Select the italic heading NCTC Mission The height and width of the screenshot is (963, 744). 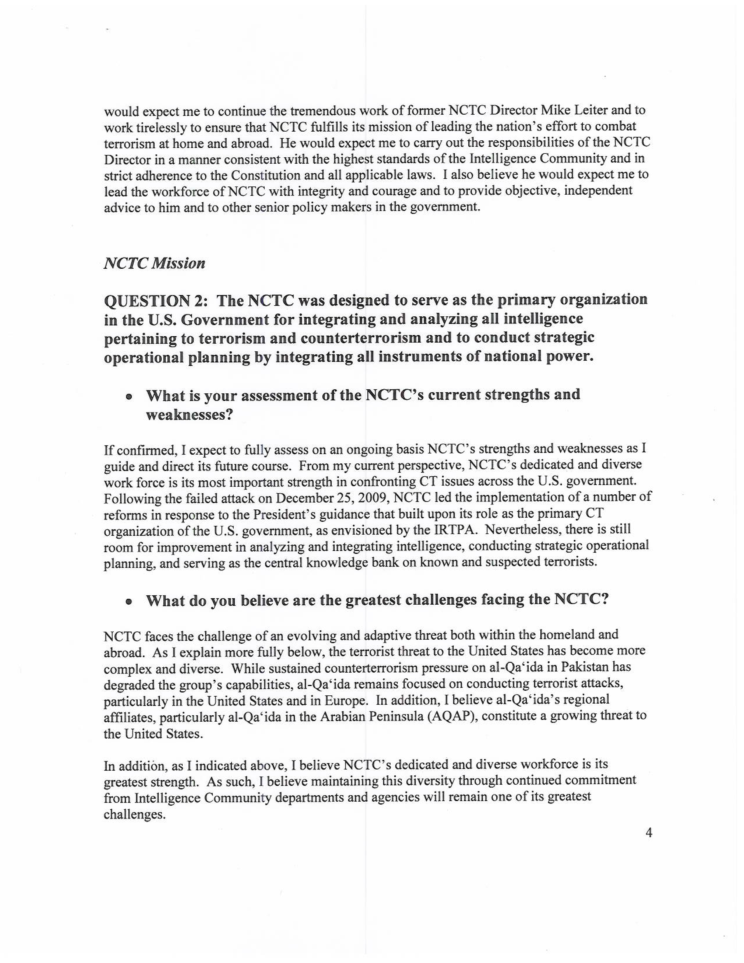[x=154, y=264]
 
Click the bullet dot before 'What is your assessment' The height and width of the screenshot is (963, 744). [x=129, y=397]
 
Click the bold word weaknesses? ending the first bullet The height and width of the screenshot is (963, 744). [x=189, y=415]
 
